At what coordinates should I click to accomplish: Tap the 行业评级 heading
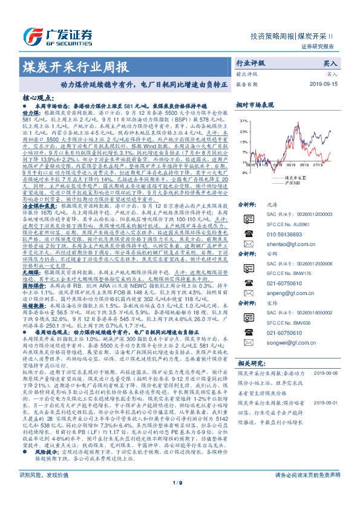click(250, 62)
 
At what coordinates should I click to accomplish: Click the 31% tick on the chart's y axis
click(241, 121)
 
